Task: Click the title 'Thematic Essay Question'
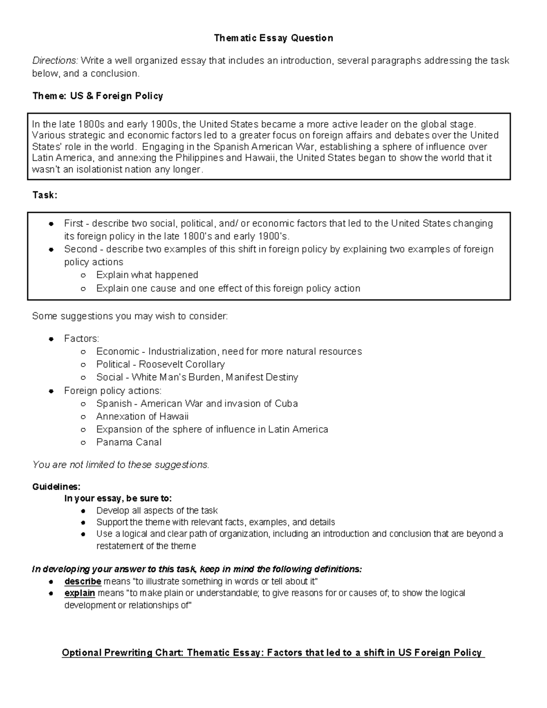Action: coord(273,38)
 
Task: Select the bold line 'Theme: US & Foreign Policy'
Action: coord(98,96)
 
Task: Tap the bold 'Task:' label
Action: coord(45,195)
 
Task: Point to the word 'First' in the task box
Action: coord(73,223)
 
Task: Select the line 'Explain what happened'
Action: coord(147,275)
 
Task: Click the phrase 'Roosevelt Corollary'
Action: coord(181,364)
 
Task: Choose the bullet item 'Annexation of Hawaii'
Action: coord(142,417)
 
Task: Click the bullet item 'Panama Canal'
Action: coord(129,442)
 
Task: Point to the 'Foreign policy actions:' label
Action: coord(113,391)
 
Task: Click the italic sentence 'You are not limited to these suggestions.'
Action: coord(121,465)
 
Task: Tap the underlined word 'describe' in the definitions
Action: coord(83,582)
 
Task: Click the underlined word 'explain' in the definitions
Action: coord(79,594)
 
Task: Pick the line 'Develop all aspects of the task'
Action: coord(157,511)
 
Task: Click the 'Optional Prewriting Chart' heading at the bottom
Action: coord(273,653)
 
